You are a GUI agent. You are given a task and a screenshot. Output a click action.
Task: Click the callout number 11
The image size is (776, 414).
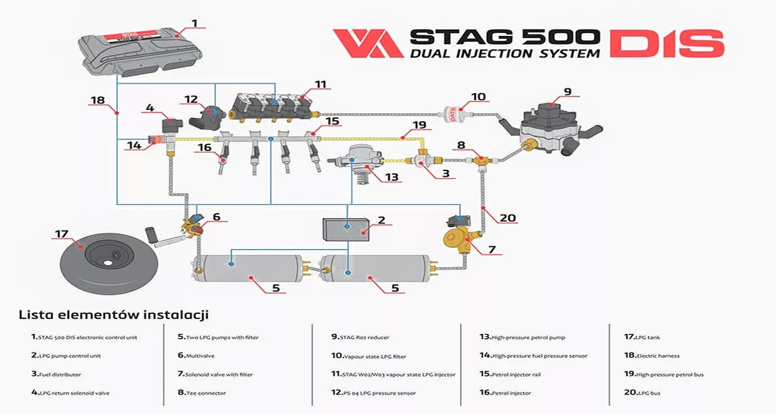tap(320, 85)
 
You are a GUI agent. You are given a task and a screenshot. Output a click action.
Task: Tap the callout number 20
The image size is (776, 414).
tap(508, 218)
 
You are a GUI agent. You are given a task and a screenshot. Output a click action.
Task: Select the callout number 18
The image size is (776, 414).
tap(97, 100)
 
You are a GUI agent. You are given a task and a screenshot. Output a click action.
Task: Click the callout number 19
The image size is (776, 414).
tap(419, 126)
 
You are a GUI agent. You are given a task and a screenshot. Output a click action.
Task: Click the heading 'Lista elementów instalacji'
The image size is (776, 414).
tap(113, 315)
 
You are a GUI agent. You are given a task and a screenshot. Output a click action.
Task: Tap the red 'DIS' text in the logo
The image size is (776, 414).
tap(666, 43)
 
